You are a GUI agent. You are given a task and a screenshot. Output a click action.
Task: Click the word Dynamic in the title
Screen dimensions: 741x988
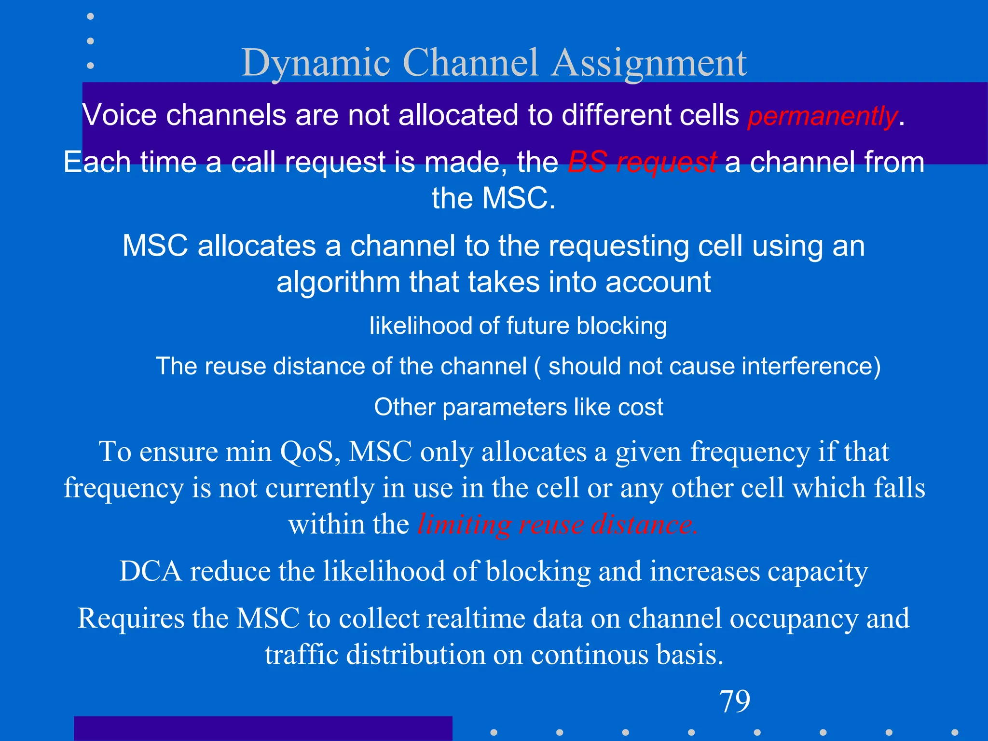[x=316, y=63]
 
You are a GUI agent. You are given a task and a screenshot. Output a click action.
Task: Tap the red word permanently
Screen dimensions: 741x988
[x=822, y=116]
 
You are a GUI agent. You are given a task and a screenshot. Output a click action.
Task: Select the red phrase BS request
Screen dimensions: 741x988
[x=642, y=162]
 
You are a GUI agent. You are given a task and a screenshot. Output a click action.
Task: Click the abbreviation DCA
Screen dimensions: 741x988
[x=150, y=571]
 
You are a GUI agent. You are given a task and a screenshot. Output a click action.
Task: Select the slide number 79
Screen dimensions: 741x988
[x=734, y=701]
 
